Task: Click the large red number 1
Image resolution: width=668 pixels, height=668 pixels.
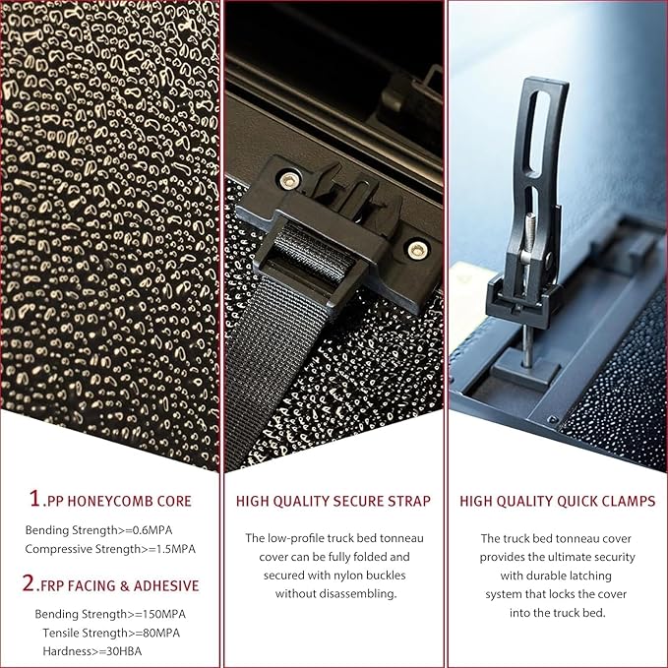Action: pyautogui.click(x=35, y=498)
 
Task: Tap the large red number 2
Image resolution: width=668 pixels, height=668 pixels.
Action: pyautogui.click(x=29, y=582)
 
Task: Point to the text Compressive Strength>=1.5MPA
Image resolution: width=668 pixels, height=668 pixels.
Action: pyautogui.click(x=110, y=549)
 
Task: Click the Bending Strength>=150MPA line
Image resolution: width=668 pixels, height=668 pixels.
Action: pyautogui.click(x=110, y=614)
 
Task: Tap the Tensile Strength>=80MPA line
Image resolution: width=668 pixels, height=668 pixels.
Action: pyautogui.click(x=111, y=633)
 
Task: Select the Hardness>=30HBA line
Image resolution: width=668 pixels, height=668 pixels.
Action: pyautogui.click(x=92, y=651)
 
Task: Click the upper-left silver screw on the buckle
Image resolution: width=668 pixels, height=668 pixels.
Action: pyautogui.click(x=287, y=180)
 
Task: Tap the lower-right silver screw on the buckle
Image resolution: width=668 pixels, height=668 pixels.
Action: pyautogui.click(x=416, y=250)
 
